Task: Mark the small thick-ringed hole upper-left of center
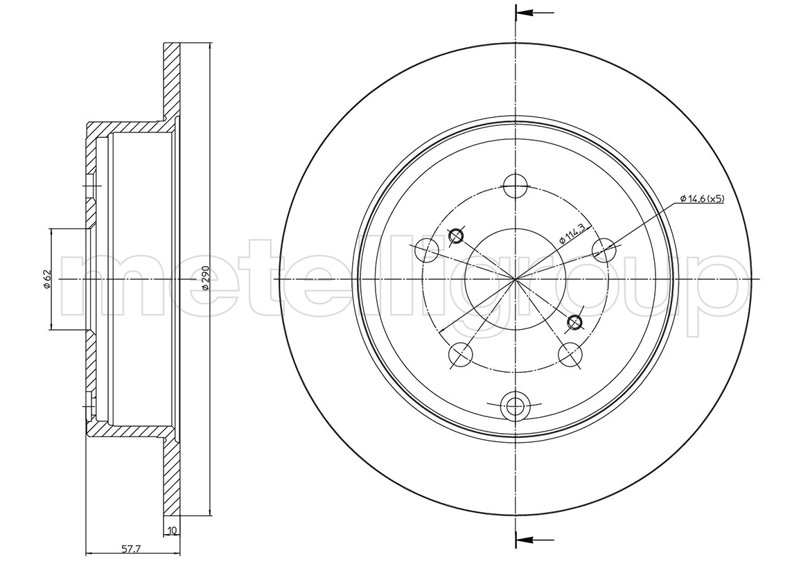456,236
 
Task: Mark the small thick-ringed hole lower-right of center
574,322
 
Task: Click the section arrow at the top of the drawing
535,12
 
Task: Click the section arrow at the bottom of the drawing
535,540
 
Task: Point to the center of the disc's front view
516,279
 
